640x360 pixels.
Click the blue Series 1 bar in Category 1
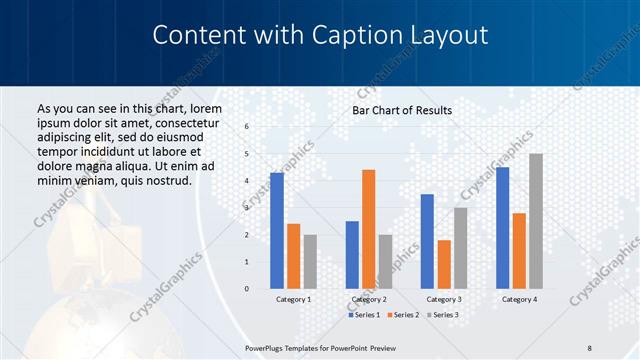[x=277, y=230]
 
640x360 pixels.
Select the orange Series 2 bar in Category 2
[x=368, y=229]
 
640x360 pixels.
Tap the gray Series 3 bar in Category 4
[x=536, y=221]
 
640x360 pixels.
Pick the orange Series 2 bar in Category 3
[x=444, y=264]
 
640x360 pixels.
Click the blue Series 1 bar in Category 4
[x=502, y=227]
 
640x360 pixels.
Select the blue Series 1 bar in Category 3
[x=427, y=241]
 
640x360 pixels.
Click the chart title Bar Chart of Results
[x=402, y=110]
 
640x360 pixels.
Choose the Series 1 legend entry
[x=364, y=315]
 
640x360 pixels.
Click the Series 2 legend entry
[x=403, y=315]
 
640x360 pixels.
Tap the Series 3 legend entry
[x=443, y=315]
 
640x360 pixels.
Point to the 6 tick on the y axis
[x=247, y=126]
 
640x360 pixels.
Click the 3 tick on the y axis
[x=247, y=208]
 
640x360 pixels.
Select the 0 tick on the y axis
[x=247, y=289]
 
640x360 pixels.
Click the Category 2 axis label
[x=369, y=299]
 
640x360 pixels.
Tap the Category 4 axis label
[x=519, y=299]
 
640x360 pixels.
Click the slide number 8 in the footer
[x=589, y=347]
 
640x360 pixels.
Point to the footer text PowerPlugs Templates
[x=290, y=347]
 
